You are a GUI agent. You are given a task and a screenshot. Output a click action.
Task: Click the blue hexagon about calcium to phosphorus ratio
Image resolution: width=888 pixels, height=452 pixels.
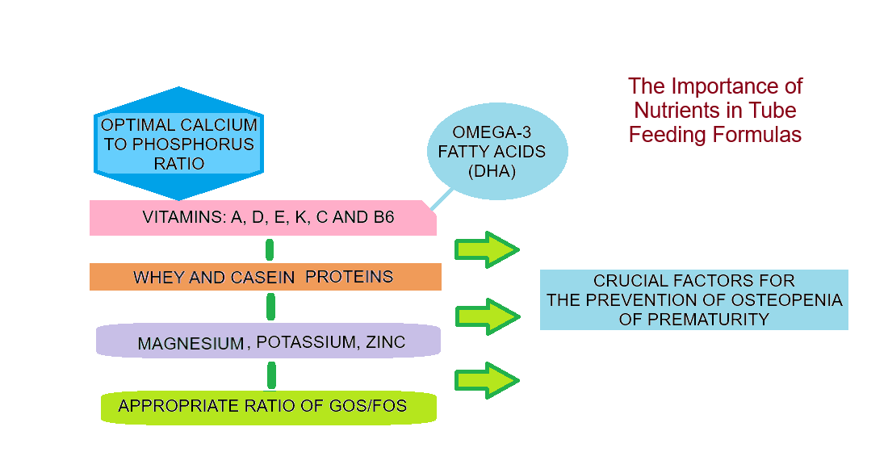pyautogui.click(x=178, y=144)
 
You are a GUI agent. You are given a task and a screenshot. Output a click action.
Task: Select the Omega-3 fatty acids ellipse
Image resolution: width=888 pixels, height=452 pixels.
pyautogui.click(x=498, y=152)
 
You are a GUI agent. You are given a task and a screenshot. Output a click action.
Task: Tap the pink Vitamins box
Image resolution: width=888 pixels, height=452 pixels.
pyautogui.click(x=262, y=218)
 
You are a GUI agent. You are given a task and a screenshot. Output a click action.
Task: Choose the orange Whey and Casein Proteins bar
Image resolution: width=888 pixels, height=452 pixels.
pyautogui.click(x=265, y=277)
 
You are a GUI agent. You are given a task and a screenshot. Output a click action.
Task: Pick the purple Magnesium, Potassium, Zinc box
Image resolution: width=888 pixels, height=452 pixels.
pyautogui.click(x=268, y=341)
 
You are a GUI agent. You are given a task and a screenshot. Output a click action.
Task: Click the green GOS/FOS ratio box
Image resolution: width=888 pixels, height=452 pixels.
pyautogui.click(x=268, y=406)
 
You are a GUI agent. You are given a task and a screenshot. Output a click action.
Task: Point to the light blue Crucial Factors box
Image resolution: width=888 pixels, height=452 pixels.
pyautogui.click(x=693, y=299)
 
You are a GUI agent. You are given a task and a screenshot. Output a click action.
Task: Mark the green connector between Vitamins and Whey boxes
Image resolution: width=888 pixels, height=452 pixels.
pyautogui.click(x=270, y=249)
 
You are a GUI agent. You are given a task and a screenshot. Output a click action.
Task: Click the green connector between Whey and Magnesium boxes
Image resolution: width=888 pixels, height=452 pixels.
pyautogui.click(x=271, y=307)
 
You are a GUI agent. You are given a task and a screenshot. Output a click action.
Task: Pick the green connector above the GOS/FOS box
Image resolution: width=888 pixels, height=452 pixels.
pyautogui.click(x=271, y=375)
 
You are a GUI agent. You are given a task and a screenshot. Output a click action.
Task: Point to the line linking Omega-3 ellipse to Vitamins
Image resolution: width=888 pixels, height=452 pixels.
pyautogui.click(x=441, y=199)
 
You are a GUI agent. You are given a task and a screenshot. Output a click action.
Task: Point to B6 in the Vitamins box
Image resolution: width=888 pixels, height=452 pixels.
pyautogui.click(x=383, y=218)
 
